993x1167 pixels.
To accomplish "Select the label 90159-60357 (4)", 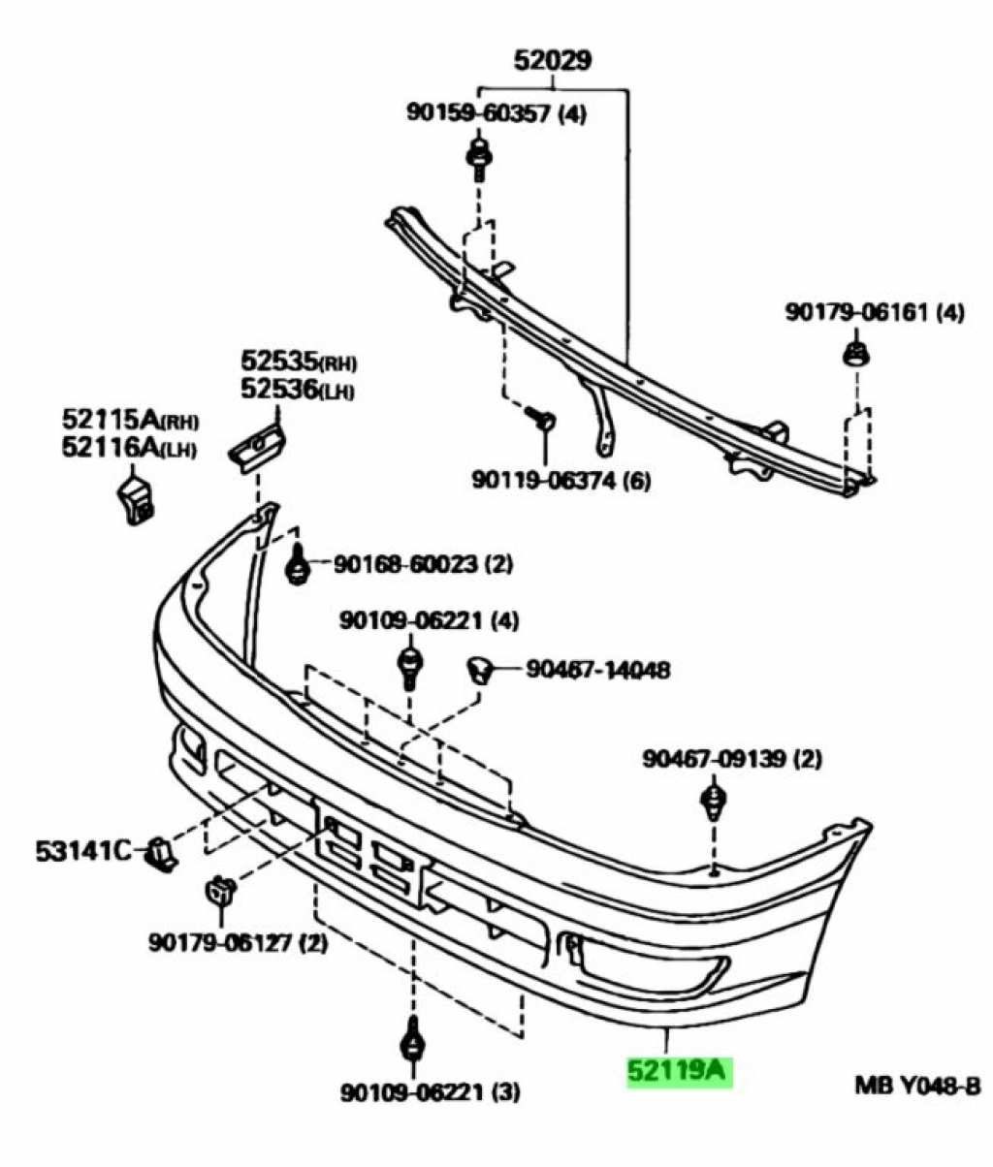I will click(x=496, y=114).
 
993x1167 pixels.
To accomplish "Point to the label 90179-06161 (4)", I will click(x=874, y=313).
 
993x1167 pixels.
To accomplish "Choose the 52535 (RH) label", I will click(x=298, y=363).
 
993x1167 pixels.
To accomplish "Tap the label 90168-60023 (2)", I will click(x=423, y=563).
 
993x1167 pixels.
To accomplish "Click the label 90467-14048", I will click(x=597, y=669).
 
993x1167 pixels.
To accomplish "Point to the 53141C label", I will click(x=83, y=851).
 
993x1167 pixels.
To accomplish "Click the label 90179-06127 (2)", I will click(x=238, y=940).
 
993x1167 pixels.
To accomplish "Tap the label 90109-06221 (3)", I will click(x=430, y=1093).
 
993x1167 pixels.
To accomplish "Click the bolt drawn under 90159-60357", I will click(x=479, y=159).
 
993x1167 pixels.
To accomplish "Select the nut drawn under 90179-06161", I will click(x=854, y=353).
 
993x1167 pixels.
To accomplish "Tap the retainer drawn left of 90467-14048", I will click(x=479, y=668).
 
